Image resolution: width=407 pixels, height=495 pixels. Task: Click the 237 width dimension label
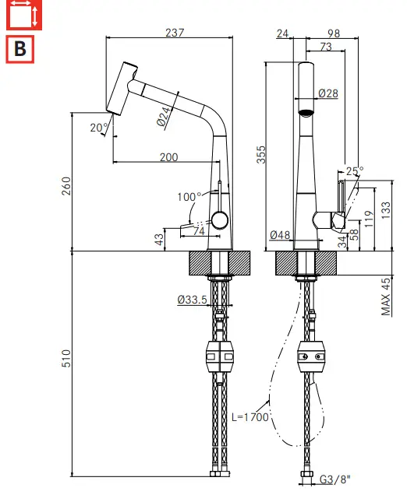point(175,33)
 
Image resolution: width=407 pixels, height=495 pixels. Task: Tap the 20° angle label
point(99,128)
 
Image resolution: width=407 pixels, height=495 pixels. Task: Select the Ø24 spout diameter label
point(165,116)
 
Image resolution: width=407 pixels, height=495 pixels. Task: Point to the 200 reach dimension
point(169,157)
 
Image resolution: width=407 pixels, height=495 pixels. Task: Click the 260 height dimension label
point(66,186)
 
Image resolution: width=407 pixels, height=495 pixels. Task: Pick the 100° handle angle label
point(189,197)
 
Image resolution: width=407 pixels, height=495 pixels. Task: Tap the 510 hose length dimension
point(66,358)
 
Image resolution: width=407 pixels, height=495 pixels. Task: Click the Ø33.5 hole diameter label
point(193,299)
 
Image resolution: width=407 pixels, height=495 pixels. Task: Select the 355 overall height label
point(261,154)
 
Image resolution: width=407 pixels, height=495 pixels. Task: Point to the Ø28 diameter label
point(328,93)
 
